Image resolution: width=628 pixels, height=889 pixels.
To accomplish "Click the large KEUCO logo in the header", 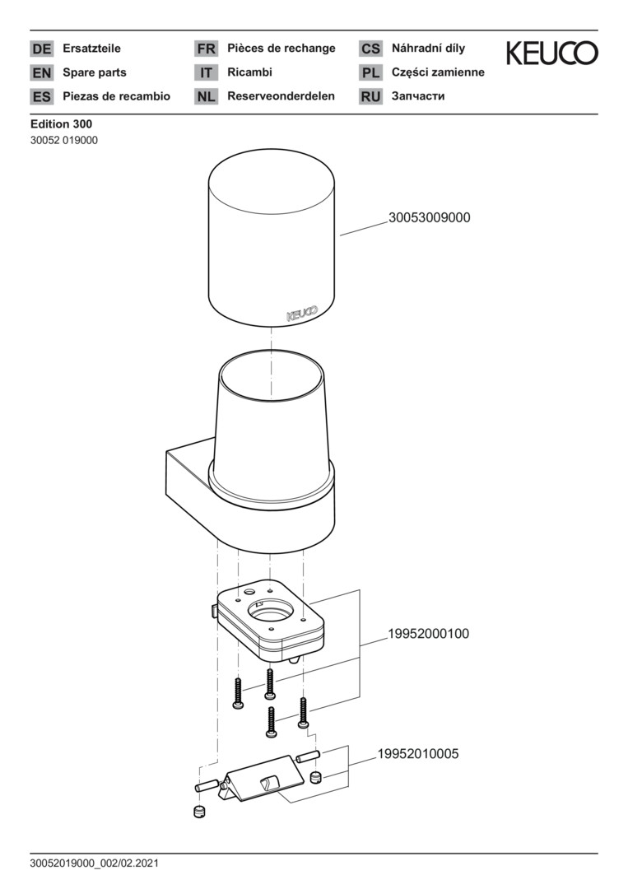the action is pos(552,53).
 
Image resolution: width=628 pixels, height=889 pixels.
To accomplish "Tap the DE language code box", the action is pos(41,49).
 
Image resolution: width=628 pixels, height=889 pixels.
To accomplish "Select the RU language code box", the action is pos(370,96).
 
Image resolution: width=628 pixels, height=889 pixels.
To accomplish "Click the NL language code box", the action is pos(206,96).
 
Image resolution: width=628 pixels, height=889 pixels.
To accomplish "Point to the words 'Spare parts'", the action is pos(95,72).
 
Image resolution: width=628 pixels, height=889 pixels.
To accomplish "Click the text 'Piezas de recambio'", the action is pos(116,96).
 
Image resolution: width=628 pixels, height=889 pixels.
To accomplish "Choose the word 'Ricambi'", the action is pos(250,72).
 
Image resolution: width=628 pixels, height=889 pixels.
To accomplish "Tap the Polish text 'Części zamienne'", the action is pos(438,72).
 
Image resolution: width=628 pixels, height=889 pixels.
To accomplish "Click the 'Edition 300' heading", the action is pos(61,123).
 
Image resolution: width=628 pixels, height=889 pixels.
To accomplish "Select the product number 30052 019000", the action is pos(64,140).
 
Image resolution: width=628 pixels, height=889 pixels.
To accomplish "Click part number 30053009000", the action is pos(429,217).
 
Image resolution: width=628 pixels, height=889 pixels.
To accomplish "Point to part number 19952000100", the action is pos(429,634).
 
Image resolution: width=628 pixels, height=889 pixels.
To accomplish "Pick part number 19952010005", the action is pos(418,754).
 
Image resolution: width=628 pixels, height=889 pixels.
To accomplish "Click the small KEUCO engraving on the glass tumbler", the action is pos(302,314).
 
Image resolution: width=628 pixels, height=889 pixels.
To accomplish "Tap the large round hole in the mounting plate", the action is pos(271,610).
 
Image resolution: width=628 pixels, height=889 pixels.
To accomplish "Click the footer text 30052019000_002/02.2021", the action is pos(95,863).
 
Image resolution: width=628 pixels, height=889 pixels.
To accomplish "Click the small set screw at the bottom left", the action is pos(199,812).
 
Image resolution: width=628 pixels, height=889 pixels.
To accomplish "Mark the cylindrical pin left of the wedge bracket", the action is pos(207,786).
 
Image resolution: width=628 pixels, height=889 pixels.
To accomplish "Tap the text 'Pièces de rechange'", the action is pos(281,49).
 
